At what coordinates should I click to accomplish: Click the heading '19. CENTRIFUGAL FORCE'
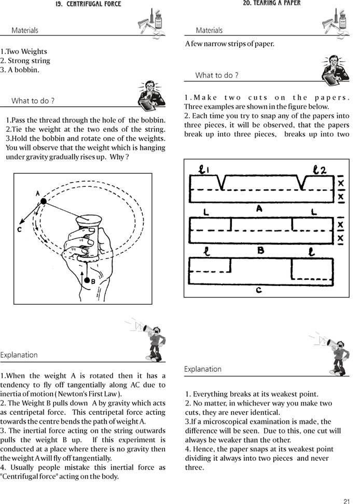[x=88, y=4]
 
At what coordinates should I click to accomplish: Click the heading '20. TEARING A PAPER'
[x=271, y=3]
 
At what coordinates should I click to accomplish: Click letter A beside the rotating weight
[x=38, y=193]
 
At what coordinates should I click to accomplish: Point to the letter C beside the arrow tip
[x=19, y=229]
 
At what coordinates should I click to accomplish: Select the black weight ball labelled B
[x=86, y=280]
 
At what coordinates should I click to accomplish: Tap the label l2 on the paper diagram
[x=320, y=170]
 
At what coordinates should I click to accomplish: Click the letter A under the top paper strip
[x=259, y=208]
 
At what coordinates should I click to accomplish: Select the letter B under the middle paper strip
[x=261, y=250]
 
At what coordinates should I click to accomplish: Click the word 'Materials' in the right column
[x=209, y=31]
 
